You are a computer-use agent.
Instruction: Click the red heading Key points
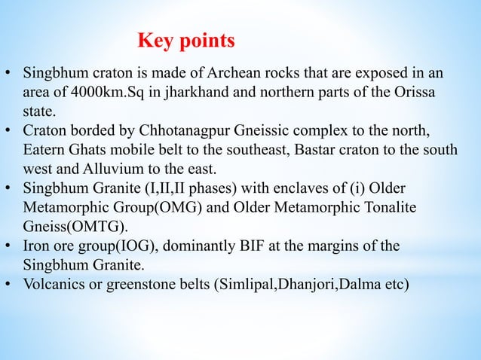click(187, 38)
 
